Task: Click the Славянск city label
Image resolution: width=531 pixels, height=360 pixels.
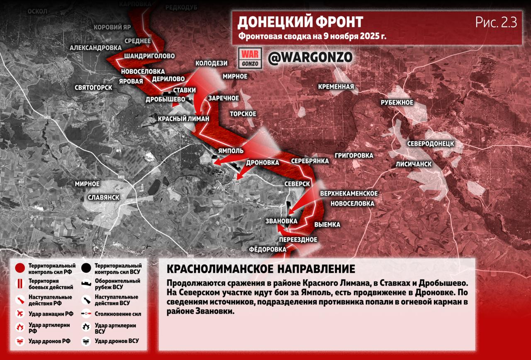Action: pos(104,197)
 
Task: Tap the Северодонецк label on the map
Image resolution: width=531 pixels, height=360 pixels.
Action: pos(430,144)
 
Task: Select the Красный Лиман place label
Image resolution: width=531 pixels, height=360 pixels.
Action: pos(184,119)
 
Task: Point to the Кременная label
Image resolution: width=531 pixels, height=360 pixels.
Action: pos(336,87)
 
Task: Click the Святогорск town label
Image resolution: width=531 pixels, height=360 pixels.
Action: pos(93,88)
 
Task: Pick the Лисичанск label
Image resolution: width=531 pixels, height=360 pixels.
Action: pos(413,164)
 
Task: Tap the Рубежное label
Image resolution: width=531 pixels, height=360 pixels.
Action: pos(397,103)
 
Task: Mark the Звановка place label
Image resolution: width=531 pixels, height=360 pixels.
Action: pos(281,221)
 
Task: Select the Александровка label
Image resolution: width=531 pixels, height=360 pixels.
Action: pos(95,48)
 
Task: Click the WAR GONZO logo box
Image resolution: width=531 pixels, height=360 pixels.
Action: pos(251,58)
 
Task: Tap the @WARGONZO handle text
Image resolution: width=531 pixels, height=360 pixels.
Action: pos(310,57)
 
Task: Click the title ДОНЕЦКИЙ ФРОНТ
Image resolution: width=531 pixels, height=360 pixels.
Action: pos(300,22)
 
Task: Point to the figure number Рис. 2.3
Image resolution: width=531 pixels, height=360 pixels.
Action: pos(496,22)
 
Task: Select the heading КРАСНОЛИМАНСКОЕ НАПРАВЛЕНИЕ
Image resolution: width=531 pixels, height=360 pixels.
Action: pos(261,269)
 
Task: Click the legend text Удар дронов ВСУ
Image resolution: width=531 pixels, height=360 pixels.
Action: pos(117,341)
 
